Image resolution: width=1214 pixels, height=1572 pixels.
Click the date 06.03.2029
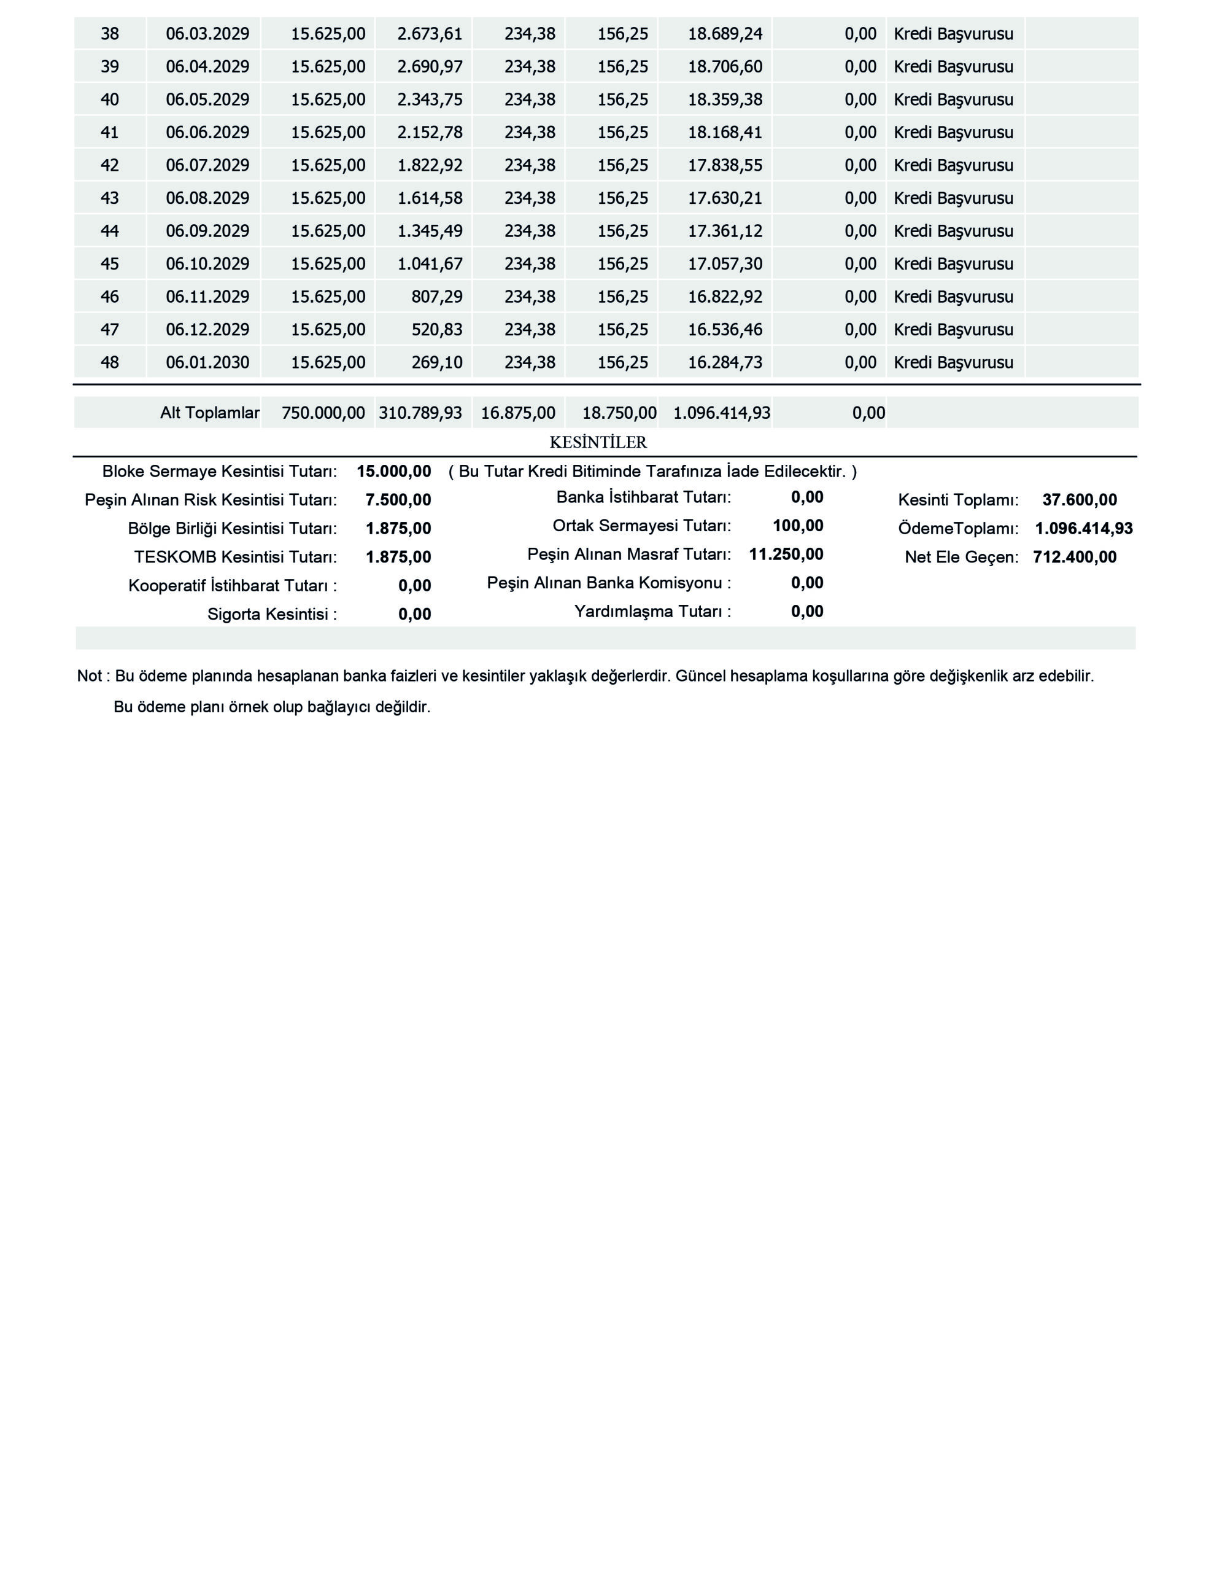207,34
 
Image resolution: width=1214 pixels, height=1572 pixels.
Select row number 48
109,362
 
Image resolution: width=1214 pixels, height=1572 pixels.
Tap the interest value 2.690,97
430,67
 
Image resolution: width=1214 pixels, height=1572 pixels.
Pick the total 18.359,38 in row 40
725,99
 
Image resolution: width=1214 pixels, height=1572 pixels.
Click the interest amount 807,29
436,297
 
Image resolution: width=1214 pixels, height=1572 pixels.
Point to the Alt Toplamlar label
209,413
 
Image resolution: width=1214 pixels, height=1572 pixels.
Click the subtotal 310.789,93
420,413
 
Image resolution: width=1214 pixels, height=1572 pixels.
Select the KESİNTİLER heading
598,443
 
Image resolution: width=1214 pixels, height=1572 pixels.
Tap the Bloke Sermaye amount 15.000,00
393,472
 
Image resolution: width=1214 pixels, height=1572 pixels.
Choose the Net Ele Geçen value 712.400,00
1075,557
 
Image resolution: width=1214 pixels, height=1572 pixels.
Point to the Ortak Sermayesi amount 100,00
797,526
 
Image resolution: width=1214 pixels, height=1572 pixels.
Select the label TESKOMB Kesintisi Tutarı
235,557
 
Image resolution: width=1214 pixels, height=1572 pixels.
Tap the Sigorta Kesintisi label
272,615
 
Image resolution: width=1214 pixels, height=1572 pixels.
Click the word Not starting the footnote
89,677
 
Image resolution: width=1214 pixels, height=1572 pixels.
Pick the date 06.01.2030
207,362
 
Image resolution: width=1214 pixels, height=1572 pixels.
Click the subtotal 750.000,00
323,413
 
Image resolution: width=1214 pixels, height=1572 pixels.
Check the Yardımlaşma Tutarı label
652,612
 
